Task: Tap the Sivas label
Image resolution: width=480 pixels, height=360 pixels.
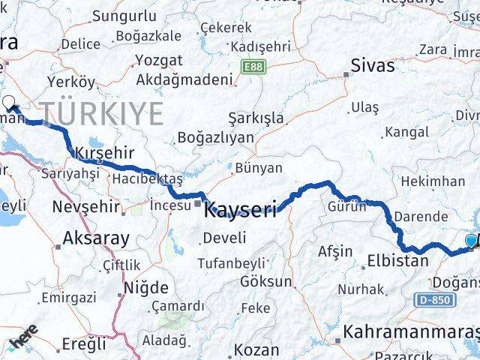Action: [373, 65]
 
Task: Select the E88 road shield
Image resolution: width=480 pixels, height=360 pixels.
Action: [253, 67]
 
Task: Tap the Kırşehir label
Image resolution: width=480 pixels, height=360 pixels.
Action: [104, 153]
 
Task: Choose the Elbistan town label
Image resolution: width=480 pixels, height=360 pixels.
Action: [397, 262]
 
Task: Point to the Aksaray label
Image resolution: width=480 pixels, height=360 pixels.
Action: [97, 238]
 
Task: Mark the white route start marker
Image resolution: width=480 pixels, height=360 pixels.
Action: [9, 103]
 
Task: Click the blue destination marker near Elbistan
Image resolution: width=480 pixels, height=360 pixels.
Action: [471, 241]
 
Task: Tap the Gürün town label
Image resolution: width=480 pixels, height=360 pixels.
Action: [346, 207]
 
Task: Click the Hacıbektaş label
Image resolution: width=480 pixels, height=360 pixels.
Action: [147, 178]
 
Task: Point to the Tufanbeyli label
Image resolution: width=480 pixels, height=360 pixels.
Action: [231, 262]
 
